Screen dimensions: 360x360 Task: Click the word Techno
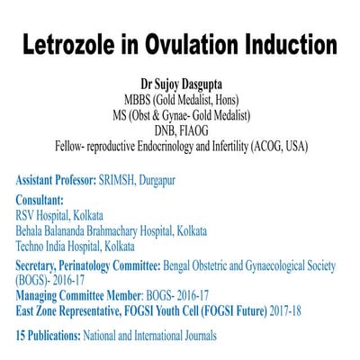pos(33,246)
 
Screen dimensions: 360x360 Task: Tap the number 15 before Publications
pos(22,336)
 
